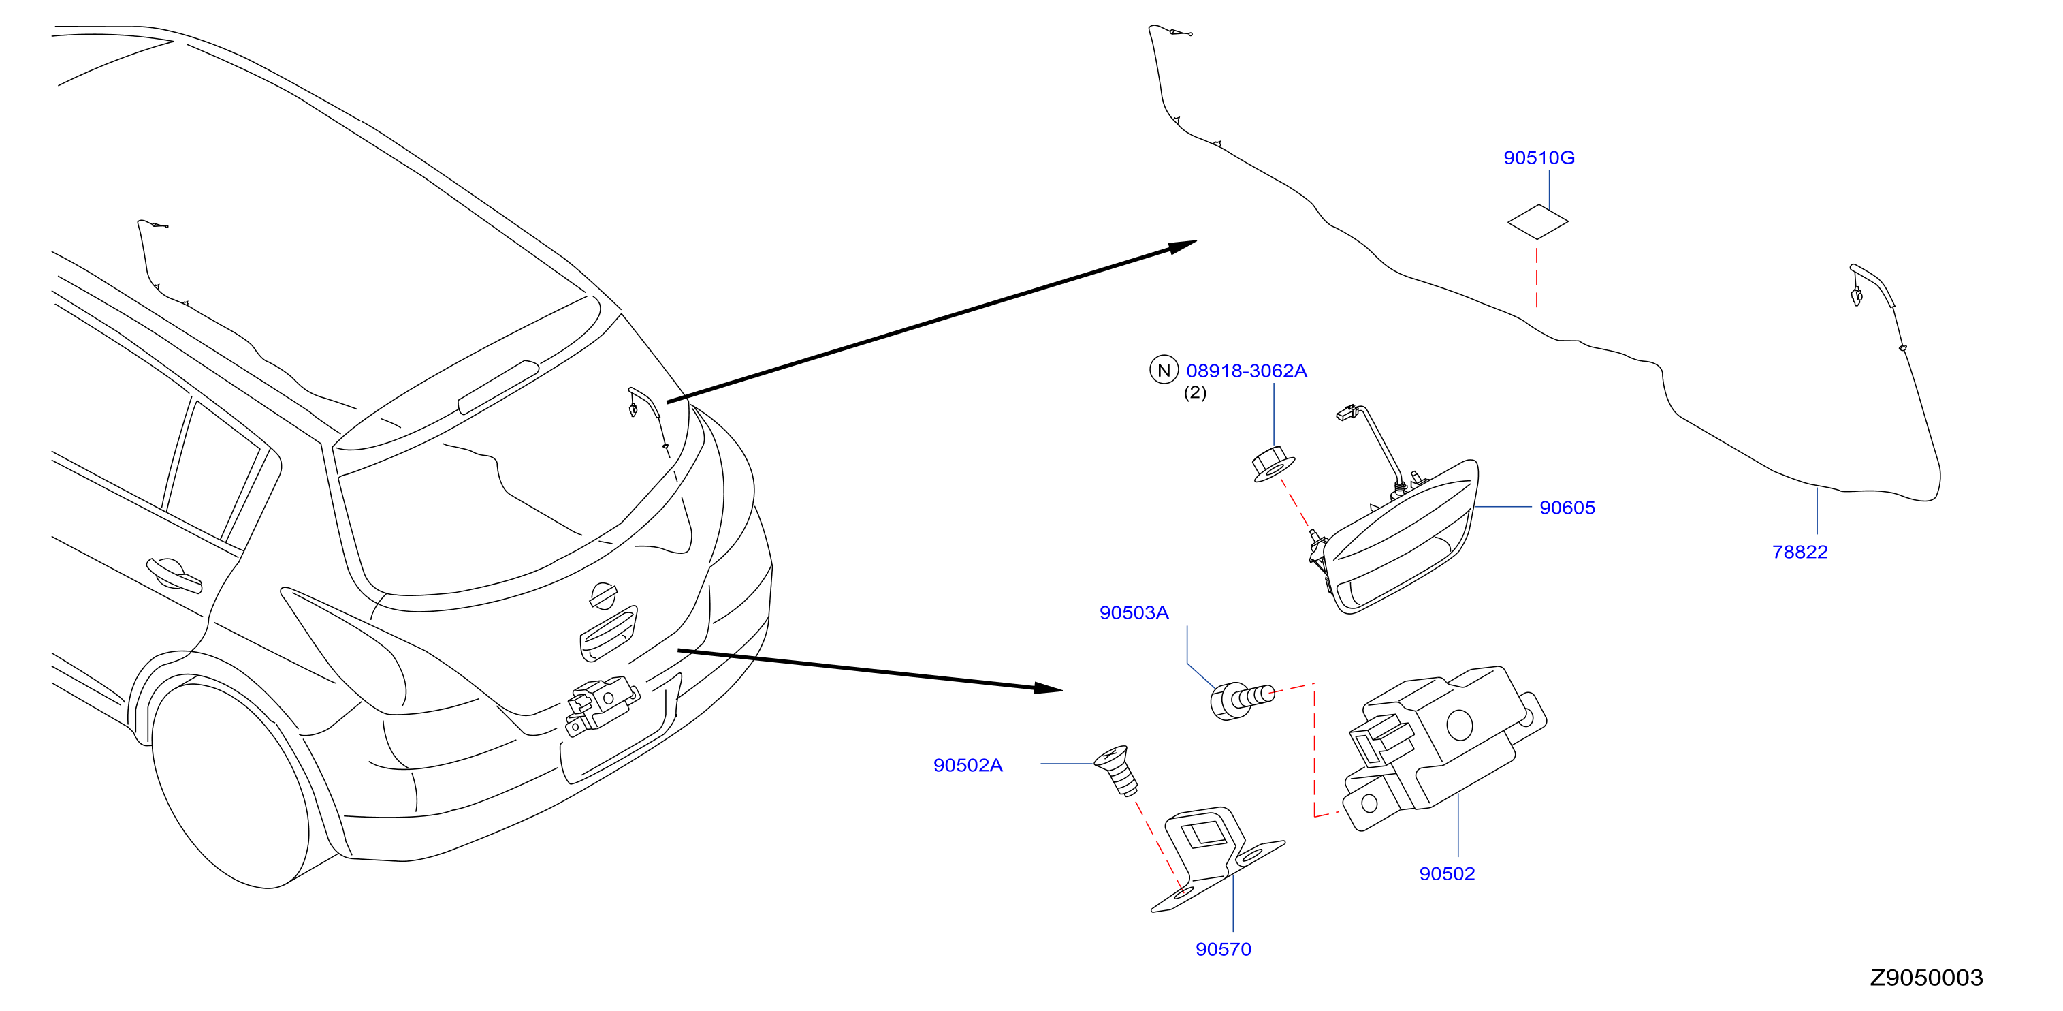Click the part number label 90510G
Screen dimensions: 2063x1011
coord(1539,158)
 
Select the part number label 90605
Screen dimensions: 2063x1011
coord(1567,508)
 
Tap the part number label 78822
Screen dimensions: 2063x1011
coord(1800,552)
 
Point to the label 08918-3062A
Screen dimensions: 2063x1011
coord(1246,371)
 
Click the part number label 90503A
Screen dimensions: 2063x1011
coord(1134,613)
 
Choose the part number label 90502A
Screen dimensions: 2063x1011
coord(967,765)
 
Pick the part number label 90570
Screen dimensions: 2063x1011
coord(1223,949)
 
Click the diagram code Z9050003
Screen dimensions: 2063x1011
coord(1926,978)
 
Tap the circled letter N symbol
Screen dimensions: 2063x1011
coord(1164,369)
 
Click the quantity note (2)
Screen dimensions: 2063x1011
coord(1195,392)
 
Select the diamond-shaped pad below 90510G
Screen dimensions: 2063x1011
coord(1537,221)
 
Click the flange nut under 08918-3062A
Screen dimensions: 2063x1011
coord(1273,465)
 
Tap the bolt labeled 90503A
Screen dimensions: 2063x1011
coord(1241,701)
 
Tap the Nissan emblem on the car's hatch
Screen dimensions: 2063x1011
coord(603,595)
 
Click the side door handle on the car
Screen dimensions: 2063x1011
coord(174,574)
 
